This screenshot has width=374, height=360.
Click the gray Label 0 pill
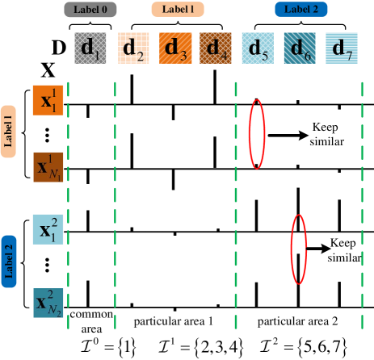(x=90, y=10)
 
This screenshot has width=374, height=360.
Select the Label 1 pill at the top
(x=177, y=10)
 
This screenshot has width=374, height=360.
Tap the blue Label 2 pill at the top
(x=300, y=10)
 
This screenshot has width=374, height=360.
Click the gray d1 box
(x=90, y=48)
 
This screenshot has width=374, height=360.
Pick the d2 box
(x=133, y=48)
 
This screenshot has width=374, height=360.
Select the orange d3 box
(x=174, y=48)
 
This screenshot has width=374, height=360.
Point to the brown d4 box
(x=216, y=48)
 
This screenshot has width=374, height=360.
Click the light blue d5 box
(x=258, y=48)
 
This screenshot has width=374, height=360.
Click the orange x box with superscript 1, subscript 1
(x=48, y=100)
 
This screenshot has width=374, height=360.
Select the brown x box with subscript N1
(x=48, y=167)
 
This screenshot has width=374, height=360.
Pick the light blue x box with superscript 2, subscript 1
(x=48, y=230)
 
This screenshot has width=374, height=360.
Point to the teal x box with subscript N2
(x=48, y=303)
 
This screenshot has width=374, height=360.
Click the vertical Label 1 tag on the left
(x=9, y=132)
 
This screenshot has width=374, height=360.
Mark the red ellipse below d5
(x=256, y=133)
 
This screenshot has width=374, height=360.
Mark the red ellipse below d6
(x=299, y=249)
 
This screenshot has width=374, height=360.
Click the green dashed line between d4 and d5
(x=236, y=202)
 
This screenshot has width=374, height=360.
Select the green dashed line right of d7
(x=362, y=202)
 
